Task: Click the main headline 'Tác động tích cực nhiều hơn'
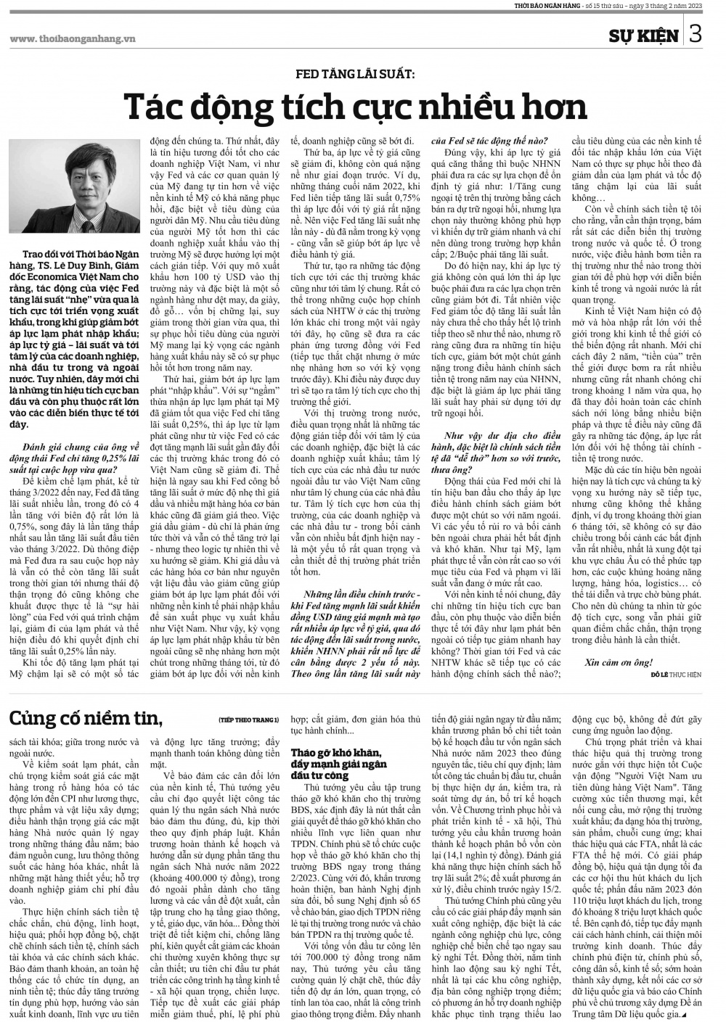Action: tap(356, 107)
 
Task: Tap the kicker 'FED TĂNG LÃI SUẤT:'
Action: tap(355, 74)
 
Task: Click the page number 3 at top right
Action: tap(696, 34)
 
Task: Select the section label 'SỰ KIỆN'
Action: tap(644, 36)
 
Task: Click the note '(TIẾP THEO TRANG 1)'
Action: tap(248, 720)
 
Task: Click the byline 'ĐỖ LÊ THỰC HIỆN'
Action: tap(676, 674)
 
